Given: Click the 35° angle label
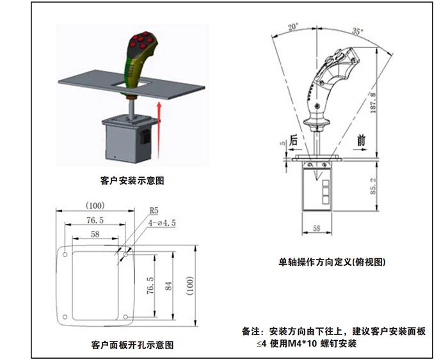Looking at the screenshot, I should pos(357,31).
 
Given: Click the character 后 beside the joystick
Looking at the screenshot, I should pos(293,140).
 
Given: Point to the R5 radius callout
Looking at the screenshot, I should pos(154,210).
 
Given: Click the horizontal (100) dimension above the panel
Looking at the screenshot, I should pos(95,206).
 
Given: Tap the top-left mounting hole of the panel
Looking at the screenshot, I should pos(65,255).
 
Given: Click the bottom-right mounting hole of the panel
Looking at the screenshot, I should pos(126,317).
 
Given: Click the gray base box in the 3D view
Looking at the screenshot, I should pos(125,141).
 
